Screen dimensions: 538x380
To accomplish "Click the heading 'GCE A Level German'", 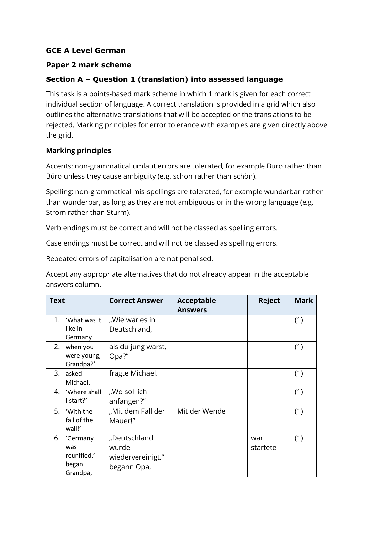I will point(86,51).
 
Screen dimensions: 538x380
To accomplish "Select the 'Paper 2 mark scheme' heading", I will point(88,65).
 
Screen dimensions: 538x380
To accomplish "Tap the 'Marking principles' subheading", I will point(78,151).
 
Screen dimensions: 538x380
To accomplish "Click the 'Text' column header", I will point(57,301).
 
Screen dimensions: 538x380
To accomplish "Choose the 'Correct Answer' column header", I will point(136,301).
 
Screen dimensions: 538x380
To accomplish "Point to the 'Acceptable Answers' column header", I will point(196,305).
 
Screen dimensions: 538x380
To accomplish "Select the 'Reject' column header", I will point(269,301).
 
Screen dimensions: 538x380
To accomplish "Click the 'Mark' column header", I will point(304,301).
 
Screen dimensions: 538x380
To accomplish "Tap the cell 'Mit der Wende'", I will point(201,411).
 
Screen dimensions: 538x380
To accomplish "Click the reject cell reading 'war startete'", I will point(264,443).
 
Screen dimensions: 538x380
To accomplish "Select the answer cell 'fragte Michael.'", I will point(133,373).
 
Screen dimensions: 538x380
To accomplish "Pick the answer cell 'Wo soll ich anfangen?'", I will point(128,396).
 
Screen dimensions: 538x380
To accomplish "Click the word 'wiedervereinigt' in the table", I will point(136,457).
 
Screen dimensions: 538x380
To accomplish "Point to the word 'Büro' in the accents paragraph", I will point(54,176).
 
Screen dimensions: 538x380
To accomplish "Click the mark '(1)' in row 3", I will point(298,373).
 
